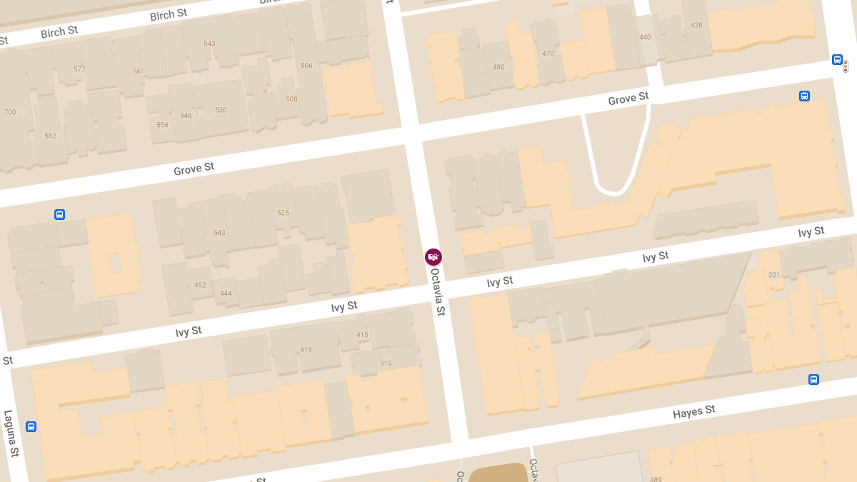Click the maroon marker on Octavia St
[433, 257]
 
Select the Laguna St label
[10, 433]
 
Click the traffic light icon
[846, 66]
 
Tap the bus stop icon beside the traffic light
[837, 60]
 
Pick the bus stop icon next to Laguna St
[31, 426]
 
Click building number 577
[79, 69]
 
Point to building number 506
[306, 66]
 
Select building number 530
[221, 110]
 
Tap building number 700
[10, 112]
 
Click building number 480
[498, 68]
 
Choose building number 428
[696, 25]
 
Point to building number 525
[283, 213]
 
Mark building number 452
[200, 285]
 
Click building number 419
[306, 350]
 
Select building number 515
[386, 363]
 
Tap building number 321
[774, 275]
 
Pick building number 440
[645, 37]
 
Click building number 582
[50, 136]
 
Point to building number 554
[162, 125]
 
